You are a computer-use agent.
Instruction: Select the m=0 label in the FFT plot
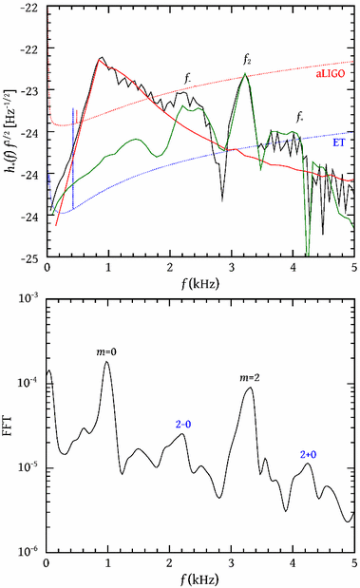pos(106,351)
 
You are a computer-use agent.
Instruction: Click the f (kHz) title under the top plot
pos(199,282)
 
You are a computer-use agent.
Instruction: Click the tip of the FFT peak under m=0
pos(107,362)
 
